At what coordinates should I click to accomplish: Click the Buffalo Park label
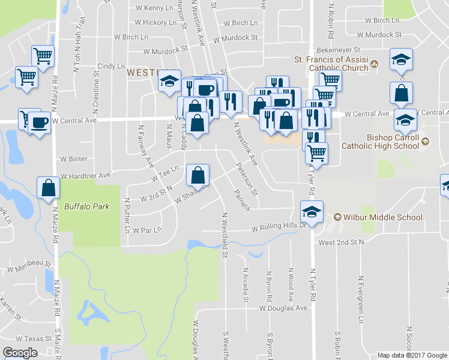pyautogui.click(x=87, y=206)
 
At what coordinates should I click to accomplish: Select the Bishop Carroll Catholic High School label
pyautogui.click(x=380, y=141)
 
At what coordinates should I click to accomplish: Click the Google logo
pyautogui.click(x=20, y=353)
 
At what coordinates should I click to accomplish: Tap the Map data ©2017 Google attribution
pyautogui.click(x=412, y=355)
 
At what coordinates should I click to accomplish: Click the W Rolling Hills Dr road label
pyautogui.click(x=279, y=228)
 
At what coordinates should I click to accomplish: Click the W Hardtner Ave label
pyautogui.click(x=85, y=175)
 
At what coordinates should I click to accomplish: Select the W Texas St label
pyautogui.click(x=34, y=338)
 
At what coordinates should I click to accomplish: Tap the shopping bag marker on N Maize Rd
pyautogui.click(x=48, y=187)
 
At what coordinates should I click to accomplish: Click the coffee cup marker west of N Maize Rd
pyautogui.click(x=40, y=123)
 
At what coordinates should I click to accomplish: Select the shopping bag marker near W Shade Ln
pyautogui.click(x=198, y=176)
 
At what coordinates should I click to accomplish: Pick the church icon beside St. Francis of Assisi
pyautogui.click(x=374, y=64)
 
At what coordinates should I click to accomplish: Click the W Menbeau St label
pyautogui.click(x=29, y=263)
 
